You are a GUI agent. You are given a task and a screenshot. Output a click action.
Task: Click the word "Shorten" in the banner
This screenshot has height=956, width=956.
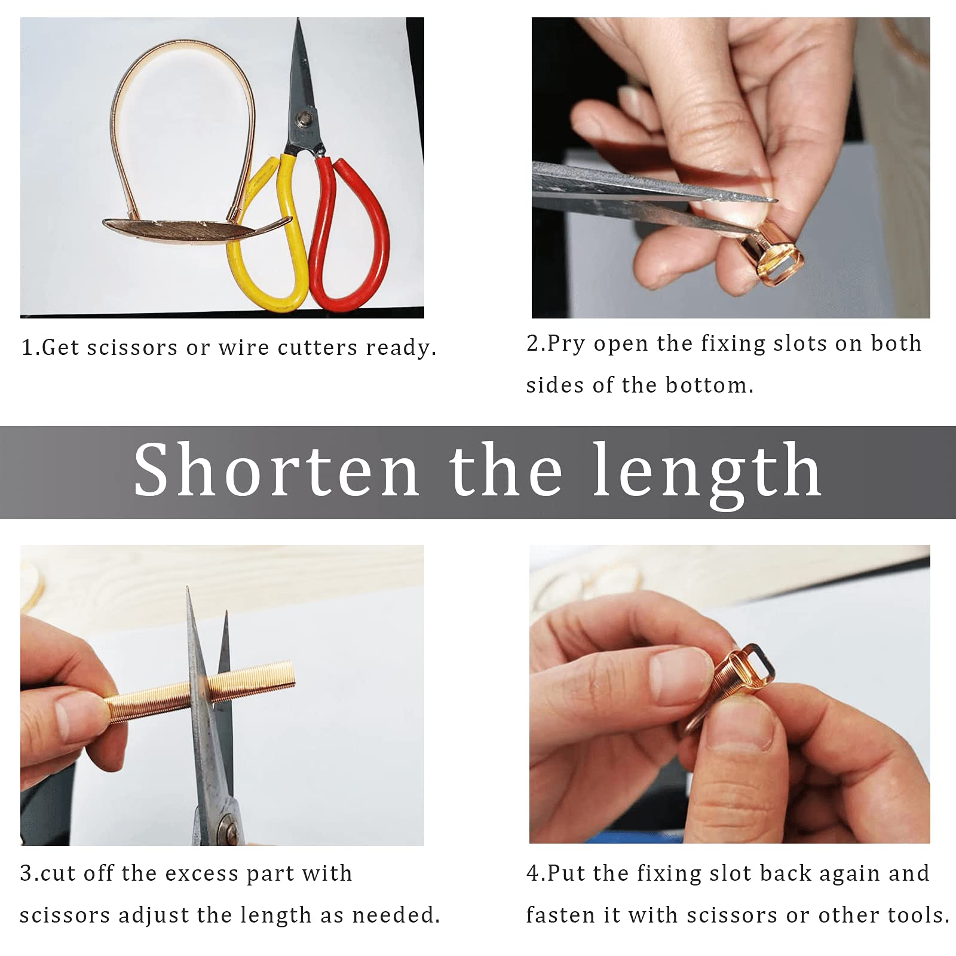tap(276, 470)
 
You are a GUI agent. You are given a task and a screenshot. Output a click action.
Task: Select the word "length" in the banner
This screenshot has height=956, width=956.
tap(707, 476)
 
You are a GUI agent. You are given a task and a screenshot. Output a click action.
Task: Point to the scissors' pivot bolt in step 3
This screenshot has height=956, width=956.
tap(229, 828)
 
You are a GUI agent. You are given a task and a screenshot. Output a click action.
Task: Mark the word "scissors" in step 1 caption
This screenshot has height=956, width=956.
tap(132, 347)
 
